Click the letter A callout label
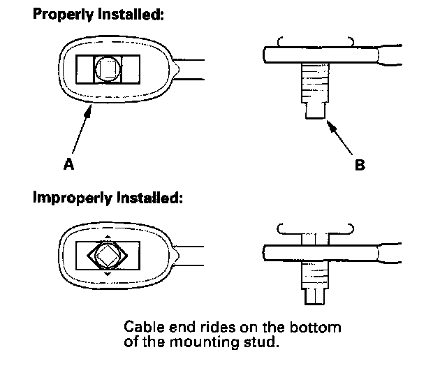pos(69,166)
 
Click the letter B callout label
pos(360,166)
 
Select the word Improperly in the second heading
pos(68,198)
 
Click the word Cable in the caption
pos(141,327)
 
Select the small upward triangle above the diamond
pos(107,236)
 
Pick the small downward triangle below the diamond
pos(107,275)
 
